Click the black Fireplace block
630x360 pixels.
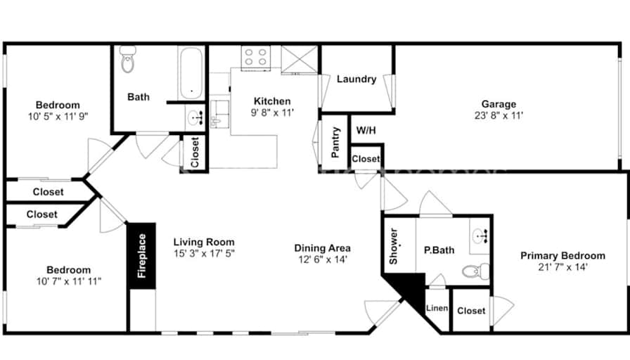coord(141,255)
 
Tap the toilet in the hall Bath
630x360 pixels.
coord(128,59)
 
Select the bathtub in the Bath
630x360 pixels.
coord(191,74)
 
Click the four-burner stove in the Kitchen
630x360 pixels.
coord(255,57)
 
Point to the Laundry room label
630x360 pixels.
coord(356,79)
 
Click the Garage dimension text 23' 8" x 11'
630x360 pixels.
coord(499,116)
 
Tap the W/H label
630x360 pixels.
coord(366,130)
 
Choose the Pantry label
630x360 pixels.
coord(335,142)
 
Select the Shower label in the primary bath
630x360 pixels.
coord(393,246)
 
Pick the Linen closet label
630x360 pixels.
coord(437,308)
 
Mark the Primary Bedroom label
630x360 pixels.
coord(562,255)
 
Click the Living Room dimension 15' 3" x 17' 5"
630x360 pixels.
coord(204,254)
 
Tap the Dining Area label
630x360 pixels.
coord(322,248)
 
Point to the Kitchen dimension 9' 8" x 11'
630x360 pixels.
coord(272,112)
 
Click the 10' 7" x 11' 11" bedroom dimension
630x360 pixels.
coord(69,281)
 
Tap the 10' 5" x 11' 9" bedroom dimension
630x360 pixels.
coord(58,117)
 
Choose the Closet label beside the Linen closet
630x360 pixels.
coord(471,311)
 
